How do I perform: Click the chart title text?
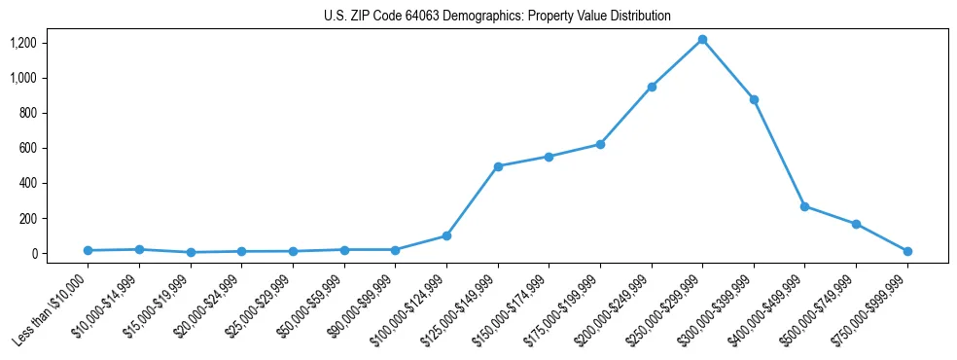click(497, 17)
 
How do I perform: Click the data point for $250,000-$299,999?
click(702, 39)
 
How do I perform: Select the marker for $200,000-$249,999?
click(652, 87)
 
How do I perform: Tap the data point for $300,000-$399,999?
click(754, 99)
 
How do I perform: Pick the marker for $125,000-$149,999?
click(498, 166)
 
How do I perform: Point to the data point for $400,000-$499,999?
click(804, 206)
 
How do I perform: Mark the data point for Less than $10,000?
click(88, 250)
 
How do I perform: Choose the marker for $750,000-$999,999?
click(907, 251)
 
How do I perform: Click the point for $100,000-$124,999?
click(446, 235)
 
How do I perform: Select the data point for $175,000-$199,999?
click(600, 144)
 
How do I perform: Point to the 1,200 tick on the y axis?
click(49, 43)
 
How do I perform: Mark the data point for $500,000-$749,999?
click(856, 224)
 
